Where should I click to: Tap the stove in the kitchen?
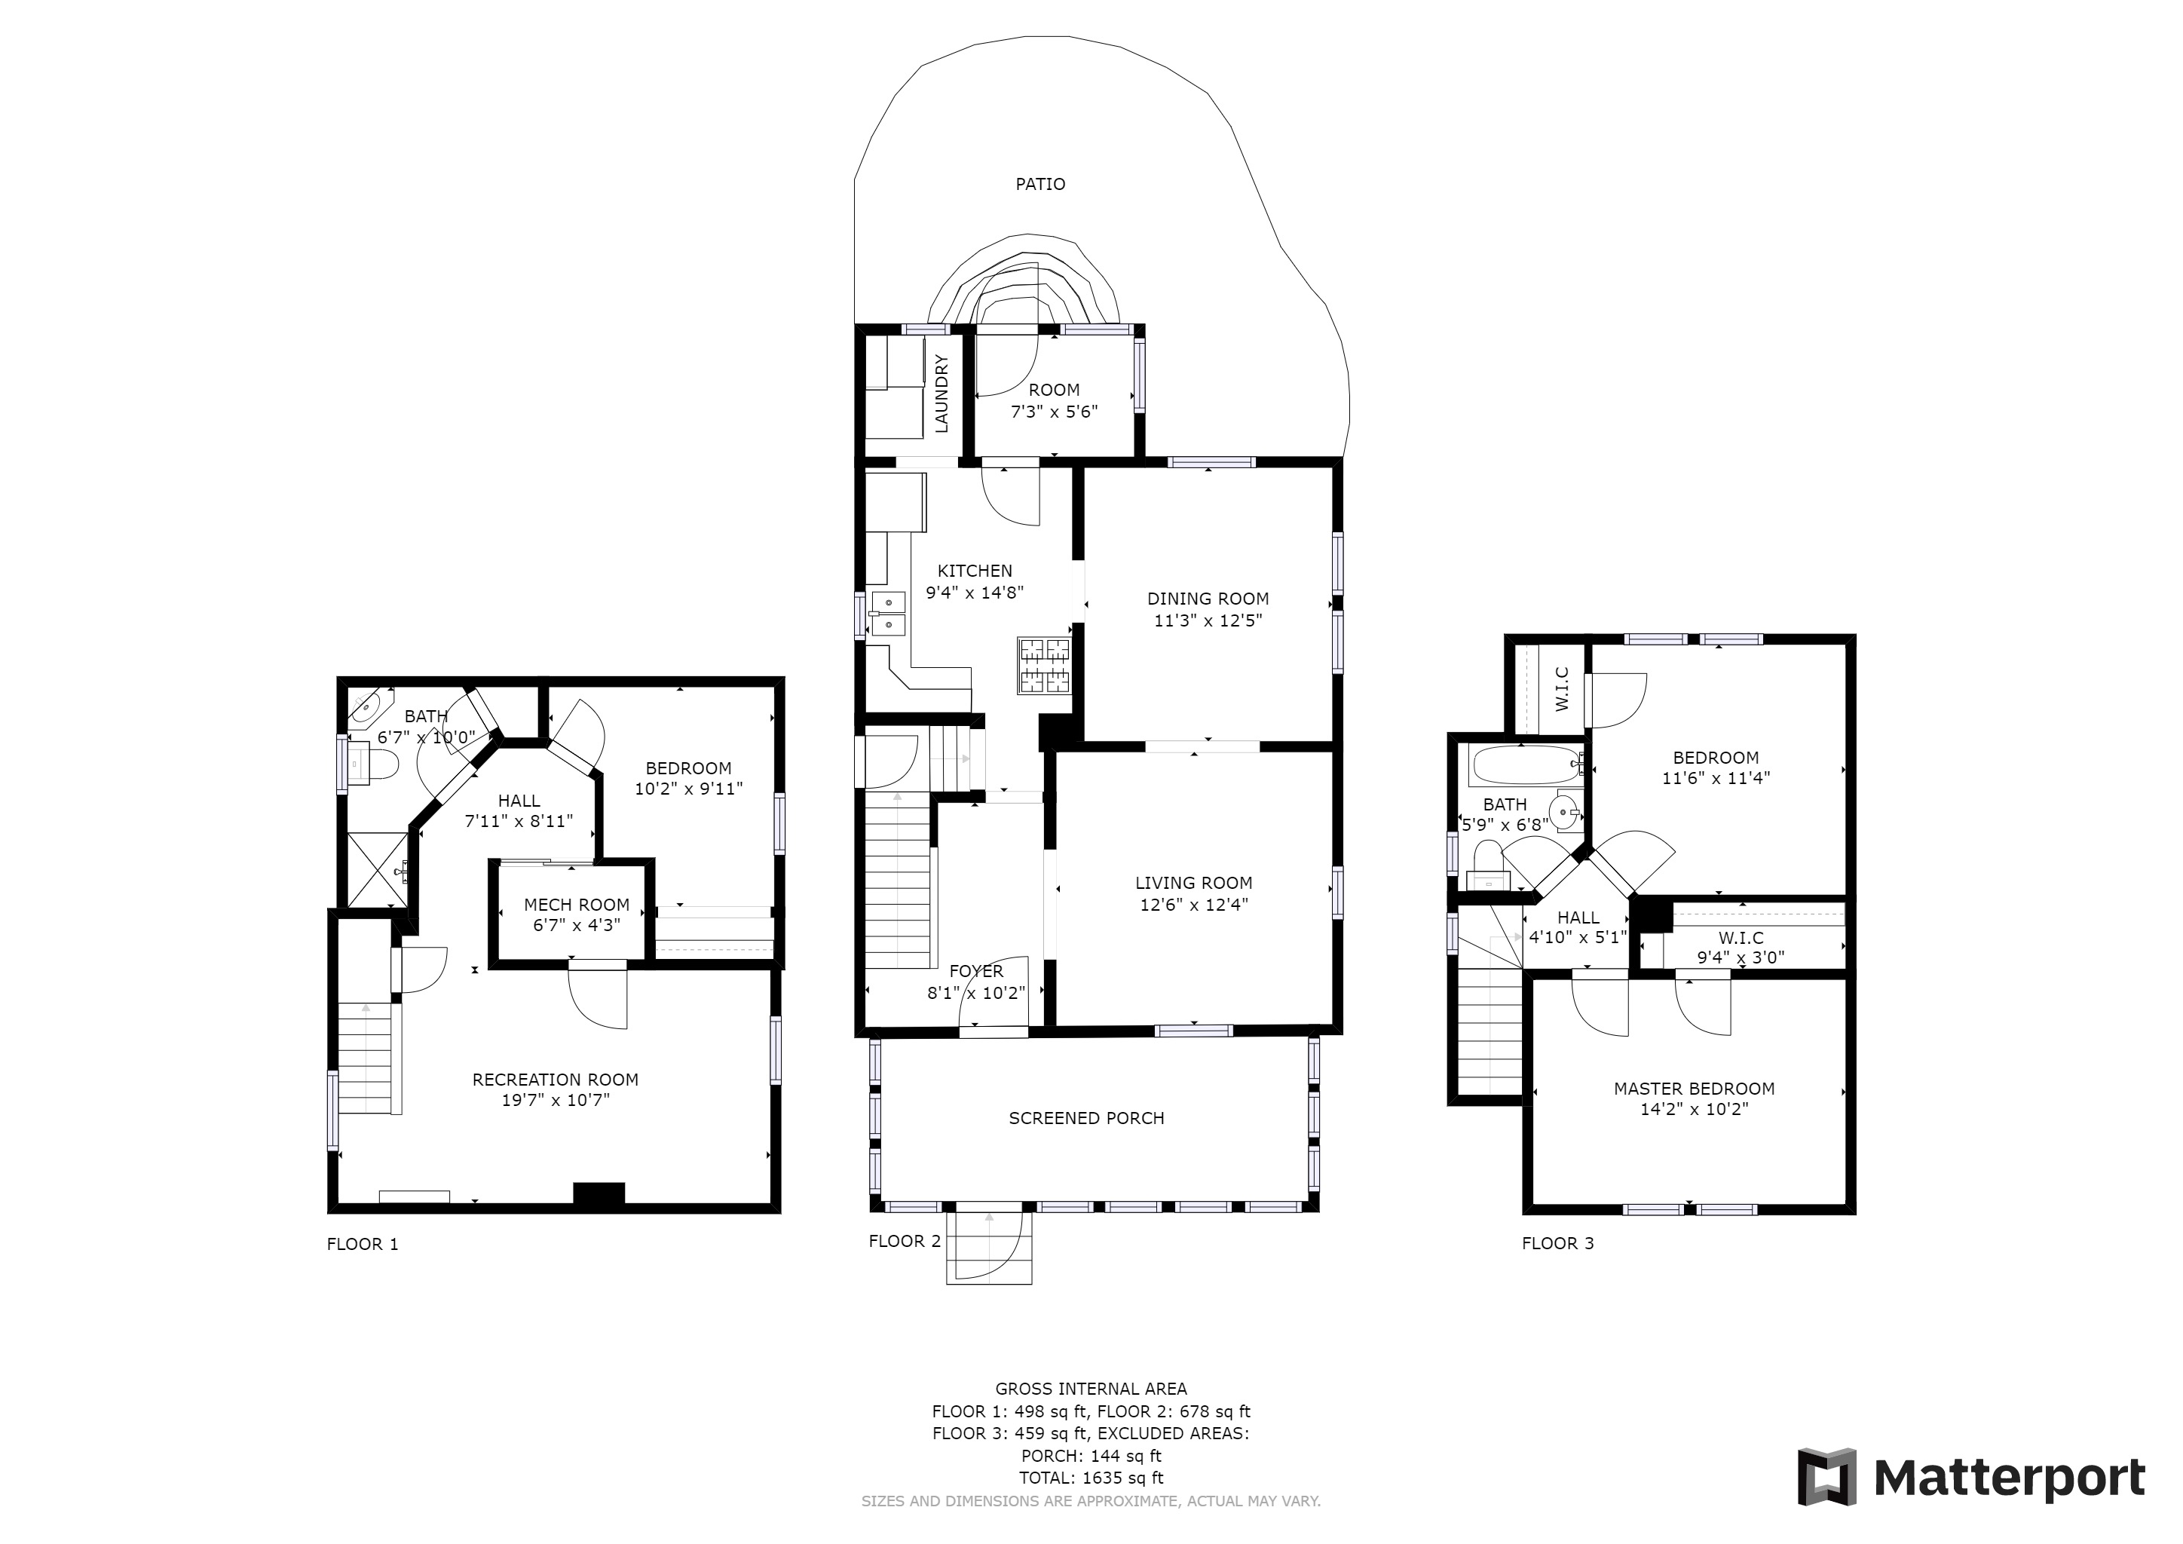[x=1045, y=666]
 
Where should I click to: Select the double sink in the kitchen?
[x=887, y=613]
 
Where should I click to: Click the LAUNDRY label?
[x=941, y=394]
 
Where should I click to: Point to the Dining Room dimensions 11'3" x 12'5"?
[x=1208, y=620]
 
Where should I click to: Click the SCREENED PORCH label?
[x=1087, y=1119]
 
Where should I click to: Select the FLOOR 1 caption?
[x=363, y=1245]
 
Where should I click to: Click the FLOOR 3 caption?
[x=1557, y=1243]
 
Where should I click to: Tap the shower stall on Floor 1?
[x=378, y=870]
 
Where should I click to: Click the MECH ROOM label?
[x=576, y=905]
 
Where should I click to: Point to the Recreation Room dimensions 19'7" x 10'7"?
[x=556, y=1101]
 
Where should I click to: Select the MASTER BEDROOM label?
[x=1695, y=1089]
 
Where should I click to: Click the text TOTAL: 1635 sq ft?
[x=1091, y=1478]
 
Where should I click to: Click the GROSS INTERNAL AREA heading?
[x=1091, y=1389]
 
